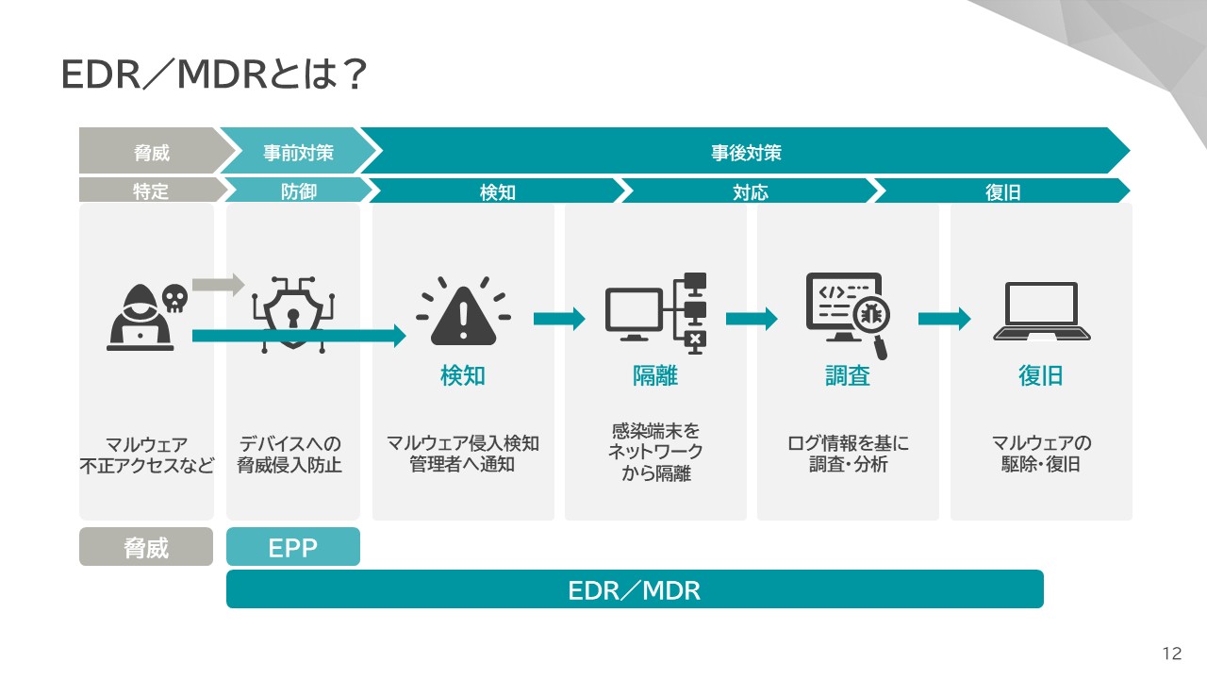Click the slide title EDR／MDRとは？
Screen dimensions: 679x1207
coord(213,76)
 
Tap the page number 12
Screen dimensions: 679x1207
coord(1172,654)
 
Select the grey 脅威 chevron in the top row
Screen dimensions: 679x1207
coord(151,152)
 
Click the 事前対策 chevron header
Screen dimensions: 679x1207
coord(298,152)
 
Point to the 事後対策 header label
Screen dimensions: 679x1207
coord(746,152)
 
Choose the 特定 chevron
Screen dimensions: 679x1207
coord(151,191)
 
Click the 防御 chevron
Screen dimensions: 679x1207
coord(298,191)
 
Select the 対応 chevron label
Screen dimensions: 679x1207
coord(751,192)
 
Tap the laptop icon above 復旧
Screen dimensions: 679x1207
coord(1041,312)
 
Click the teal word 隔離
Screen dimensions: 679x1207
coord(655,376)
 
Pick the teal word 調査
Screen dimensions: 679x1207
coord(848,376)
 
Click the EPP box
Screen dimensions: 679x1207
coord(293,547)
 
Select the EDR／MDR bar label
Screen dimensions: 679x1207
coord(635,590)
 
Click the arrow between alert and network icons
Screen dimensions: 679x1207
coord(559,319)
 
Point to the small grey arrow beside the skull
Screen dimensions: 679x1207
coord(218,284)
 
